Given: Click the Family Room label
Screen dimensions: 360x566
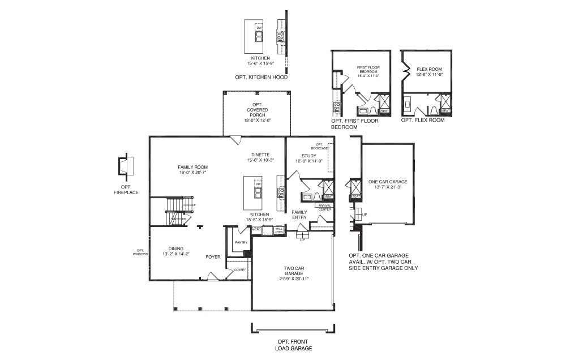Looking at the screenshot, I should [x=192, y=167].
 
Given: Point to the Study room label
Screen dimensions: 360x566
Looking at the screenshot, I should [x=308, y=156].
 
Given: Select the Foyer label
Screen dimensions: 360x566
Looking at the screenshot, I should [x=213, y=256].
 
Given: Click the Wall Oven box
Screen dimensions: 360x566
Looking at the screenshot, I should [x=279, y=230].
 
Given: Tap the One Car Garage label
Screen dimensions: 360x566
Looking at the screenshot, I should [x=388, y=182].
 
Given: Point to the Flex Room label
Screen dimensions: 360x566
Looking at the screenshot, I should [x=428, y=69].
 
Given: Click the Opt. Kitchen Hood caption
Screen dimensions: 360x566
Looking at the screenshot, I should [x=261, y=76].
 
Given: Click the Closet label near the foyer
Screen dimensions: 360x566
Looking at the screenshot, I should [x=240, y=270].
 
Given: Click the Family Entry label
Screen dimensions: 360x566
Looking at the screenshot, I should [x=299, y=214].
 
